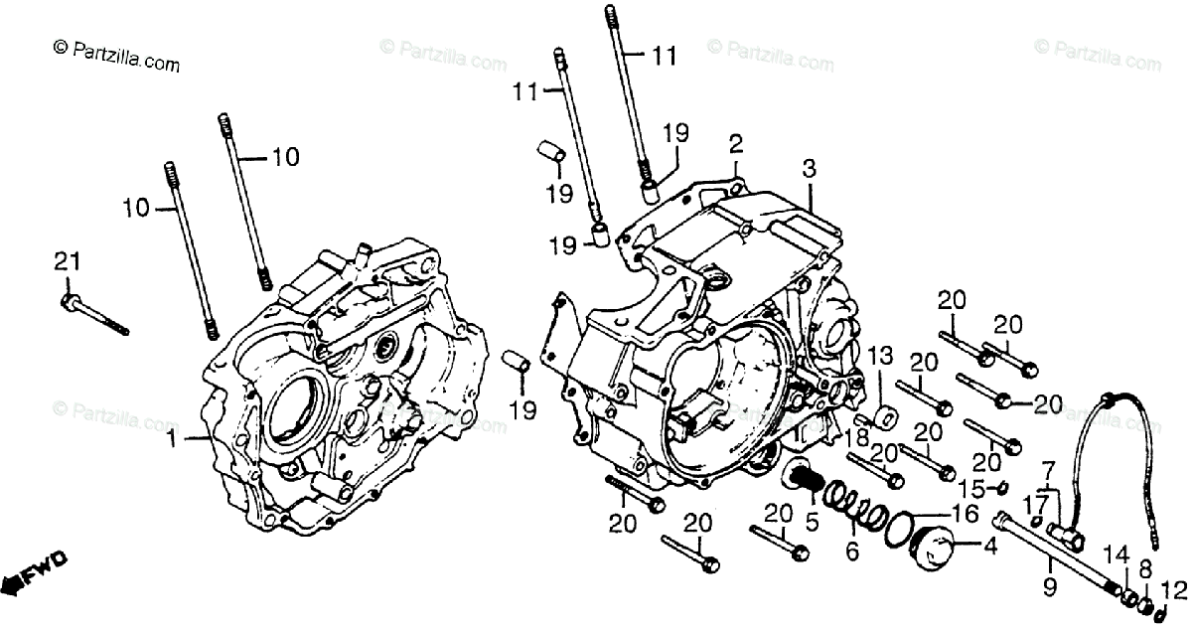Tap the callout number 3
coord(810,170)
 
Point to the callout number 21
coord(67,261)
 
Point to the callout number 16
coord(965,513)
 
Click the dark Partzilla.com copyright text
coord(116,58)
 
